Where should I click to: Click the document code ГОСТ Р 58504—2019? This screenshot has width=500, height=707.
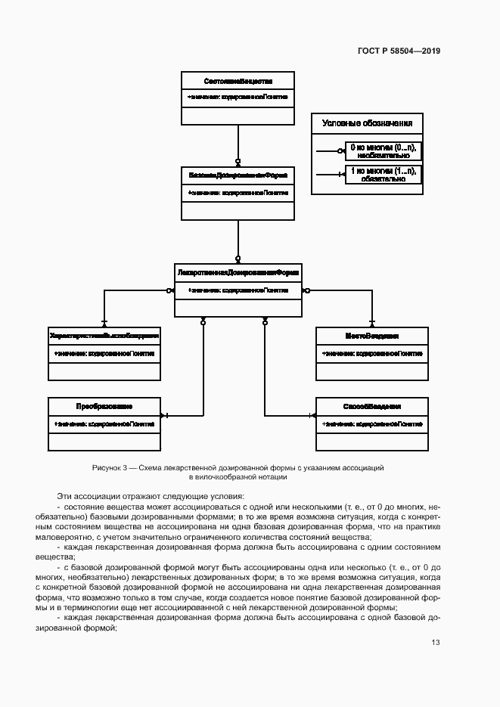(398, 51)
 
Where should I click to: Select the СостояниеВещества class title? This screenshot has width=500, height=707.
(238, 80)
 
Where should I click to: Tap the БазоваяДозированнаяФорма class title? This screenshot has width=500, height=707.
(238, 175)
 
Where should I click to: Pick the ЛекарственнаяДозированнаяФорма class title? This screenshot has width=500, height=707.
(238, 271)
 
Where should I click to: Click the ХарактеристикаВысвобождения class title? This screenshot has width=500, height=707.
(104, 334)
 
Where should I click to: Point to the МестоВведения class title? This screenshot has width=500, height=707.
(371, 334)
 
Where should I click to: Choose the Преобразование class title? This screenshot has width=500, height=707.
(104, 406)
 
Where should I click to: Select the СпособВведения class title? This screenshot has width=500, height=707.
(371, 406)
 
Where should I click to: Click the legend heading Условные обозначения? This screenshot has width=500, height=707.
(367, 123)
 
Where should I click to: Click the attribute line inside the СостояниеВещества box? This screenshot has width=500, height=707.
(238, 98)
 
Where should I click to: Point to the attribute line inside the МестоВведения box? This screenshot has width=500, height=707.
(371, 353)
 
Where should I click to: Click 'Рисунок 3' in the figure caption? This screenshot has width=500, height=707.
(108, 468)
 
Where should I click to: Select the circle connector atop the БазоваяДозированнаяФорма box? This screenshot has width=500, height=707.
(238, 162)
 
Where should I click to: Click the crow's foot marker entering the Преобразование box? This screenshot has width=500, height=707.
(165, 415)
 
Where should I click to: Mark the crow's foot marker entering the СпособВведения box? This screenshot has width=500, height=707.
(311, 415)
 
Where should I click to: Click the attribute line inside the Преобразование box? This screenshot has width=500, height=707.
(104, 424)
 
